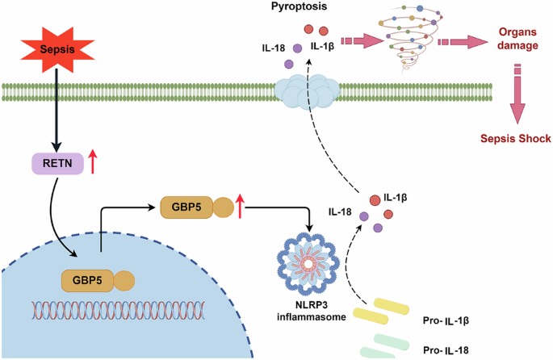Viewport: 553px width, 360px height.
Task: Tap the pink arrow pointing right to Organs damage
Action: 463,40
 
